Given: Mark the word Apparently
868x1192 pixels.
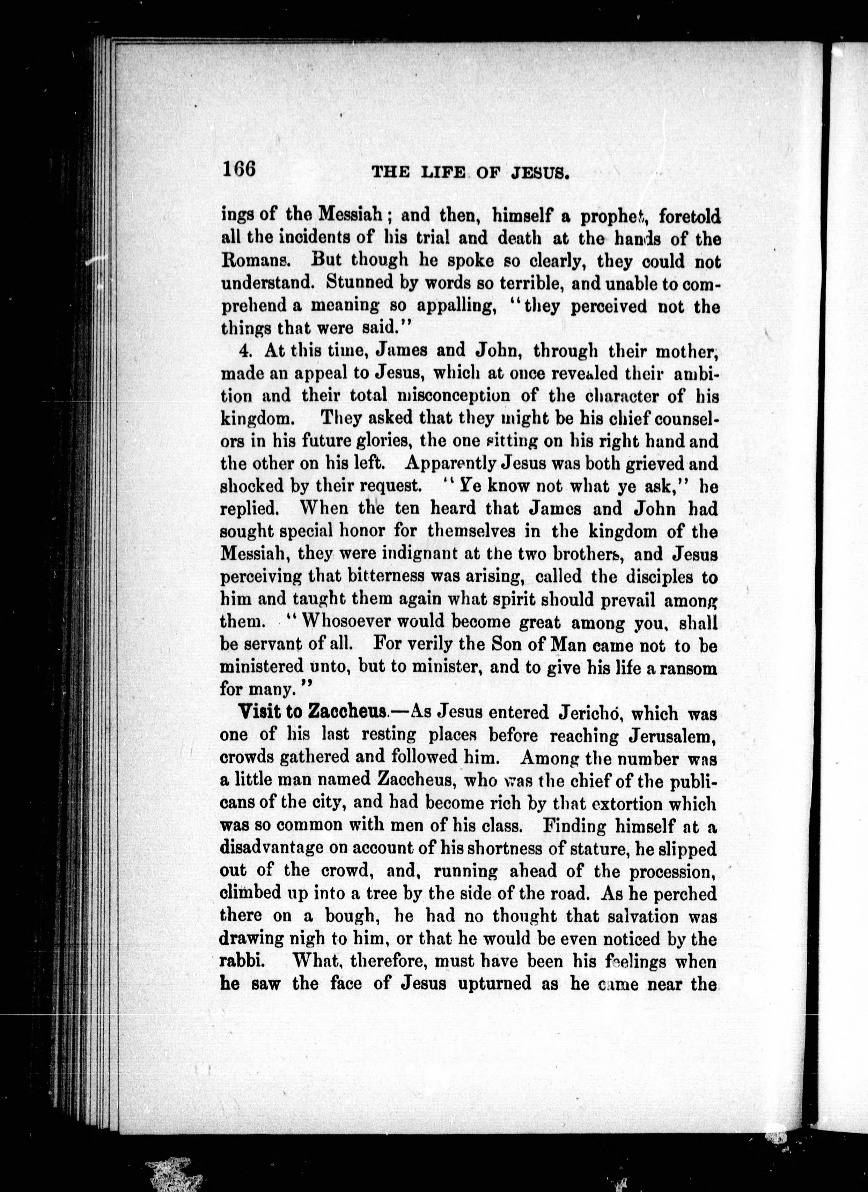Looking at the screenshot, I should (451, 464).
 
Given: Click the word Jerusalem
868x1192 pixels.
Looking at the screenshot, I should (672, 736).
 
